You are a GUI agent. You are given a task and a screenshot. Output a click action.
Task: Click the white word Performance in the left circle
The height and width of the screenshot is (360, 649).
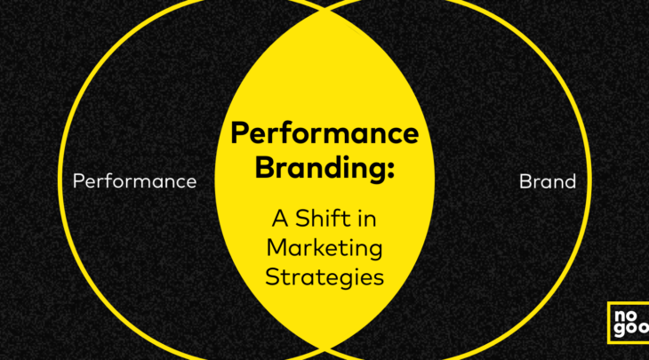[x=134, y=181]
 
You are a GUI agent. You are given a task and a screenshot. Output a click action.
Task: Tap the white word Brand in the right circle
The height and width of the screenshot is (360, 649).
[x=547, y=181]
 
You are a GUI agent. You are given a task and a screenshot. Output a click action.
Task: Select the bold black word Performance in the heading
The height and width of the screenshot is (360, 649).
[x=324, y=134]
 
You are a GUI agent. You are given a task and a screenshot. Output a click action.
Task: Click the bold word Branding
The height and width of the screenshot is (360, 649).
[x=318, y=167]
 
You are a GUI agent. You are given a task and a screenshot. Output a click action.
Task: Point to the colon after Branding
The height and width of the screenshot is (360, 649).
[x=389, y=170]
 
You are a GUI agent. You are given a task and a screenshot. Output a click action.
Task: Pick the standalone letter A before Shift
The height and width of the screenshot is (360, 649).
[x=280, y=219]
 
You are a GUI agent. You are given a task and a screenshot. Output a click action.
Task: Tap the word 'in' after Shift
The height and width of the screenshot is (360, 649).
[x=366, y=219]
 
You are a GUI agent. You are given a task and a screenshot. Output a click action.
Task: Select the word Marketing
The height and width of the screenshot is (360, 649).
[x=324, y=249]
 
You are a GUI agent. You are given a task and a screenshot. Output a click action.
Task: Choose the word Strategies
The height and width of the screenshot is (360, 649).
[x=324, y=276]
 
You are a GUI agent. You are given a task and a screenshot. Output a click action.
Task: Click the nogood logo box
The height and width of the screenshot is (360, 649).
[x=629, y=323]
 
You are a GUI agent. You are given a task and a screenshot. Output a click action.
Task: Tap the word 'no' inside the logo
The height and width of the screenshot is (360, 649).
[x=625, y=316]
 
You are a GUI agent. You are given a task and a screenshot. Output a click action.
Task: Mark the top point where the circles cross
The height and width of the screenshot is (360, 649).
[x=324, y=9]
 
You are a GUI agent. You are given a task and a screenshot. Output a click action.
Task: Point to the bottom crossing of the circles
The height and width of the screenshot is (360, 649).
[x=324, y=351]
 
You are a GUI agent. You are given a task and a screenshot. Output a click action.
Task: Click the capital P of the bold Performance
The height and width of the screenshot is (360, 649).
[x=240, y=132]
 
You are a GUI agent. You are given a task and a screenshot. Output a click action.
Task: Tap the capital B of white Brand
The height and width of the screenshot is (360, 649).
[x=525, y=181]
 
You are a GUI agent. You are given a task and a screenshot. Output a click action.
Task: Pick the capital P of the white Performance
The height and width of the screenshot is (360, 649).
[x=78, y=181]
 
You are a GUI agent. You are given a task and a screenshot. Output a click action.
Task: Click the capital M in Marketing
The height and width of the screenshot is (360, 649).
[x=276, y=247]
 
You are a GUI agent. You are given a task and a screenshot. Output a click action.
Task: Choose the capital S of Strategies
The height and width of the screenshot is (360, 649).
[x=272, y=276]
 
